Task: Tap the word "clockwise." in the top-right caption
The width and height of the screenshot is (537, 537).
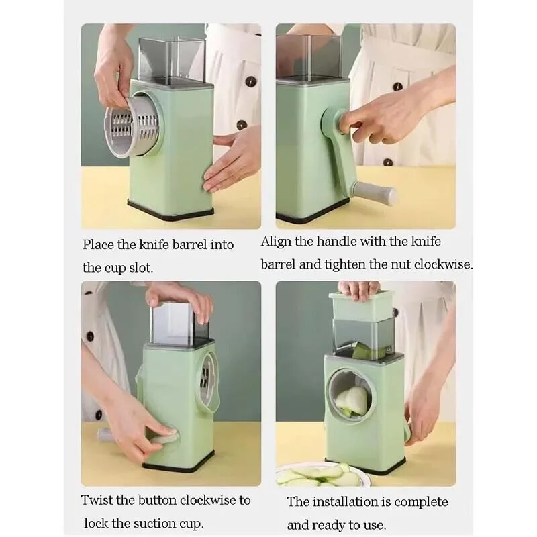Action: [443, 264]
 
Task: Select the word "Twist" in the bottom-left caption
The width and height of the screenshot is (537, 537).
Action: [97, 500]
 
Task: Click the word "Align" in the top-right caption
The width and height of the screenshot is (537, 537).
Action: [277, 242]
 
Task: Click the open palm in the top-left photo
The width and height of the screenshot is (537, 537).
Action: [232, 161]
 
